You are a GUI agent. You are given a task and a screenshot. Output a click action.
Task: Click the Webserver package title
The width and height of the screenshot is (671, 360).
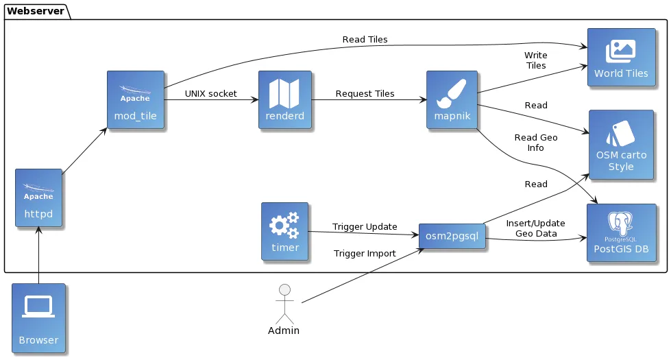pyautogui.click(x=36, y=10)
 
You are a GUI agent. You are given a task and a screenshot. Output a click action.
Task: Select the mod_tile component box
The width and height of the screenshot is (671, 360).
pyautogui.click(x=136, y=99)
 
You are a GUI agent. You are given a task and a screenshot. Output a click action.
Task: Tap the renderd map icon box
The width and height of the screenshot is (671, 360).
pyautogui.click(x=284, y=99)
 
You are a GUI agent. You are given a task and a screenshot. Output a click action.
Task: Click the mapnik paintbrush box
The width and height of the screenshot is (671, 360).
pyautogui.click(x=452, y=99)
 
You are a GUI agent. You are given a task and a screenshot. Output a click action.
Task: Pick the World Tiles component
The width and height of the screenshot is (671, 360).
pyautogui.click(x=621, y=57)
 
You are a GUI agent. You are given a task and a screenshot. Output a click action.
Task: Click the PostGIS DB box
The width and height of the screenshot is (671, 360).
pyautogui.click(x=621, y=233)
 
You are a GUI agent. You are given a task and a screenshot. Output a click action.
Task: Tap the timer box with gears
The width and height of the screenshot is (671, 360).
pyautogui.click(x=285, y=231)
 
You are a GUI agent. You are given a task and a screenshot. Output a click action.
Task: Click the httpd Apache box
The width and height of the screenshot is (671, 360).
pyautogui.click(x=39, y=198)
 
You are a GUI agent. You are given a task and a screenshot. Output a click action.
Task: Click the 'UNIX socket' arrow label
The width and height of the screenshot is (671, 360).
pyautogui.click(x=210, y=93)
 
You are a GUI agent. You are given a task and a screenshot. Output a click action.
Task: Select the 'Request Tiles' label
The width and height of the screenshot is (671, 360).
pyautogui.click(x=365, y=93)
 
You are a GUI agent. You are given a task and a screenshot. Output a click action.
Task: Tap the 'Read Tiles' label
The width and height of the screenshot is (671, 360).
pyautogui.click(x=365, y=39)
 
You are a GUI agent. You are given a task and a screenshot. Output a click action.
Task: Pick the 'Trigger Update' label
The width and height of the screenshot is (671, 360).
pyautogui.click(x=365, y=226)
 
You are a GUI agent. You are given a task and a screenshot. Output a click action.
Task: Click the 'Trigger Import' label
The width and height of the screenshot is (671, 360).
pyautogui.click(x=365, y=253)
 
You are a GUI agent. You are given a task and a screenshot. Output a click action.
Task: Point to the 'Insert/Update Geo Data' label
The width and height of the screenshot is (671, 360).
pyautogui.click(x=535, y=228)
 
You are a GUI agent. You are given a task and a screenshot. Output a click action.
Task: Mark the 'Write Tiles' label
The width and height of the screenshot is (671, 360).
pyautogui.click(x=535, y=60)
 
